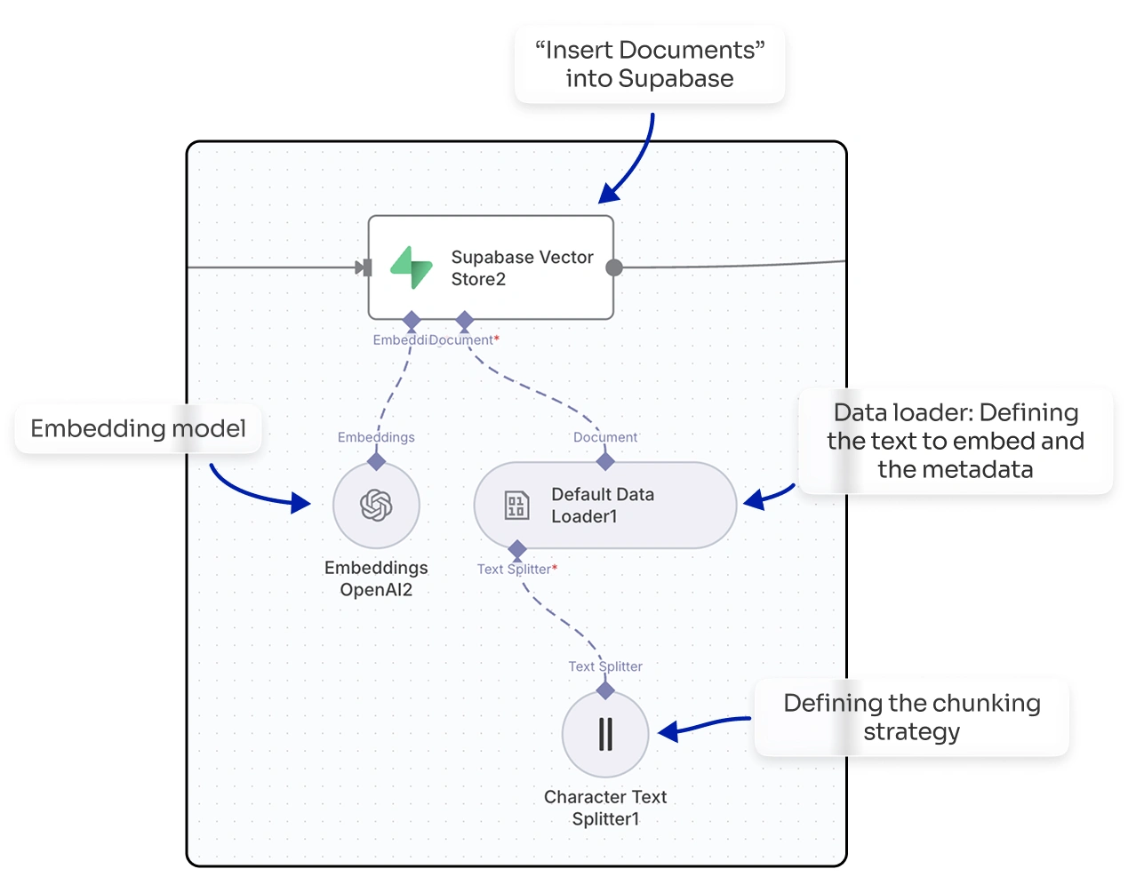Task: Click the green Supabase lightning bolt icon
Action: coord(412,267)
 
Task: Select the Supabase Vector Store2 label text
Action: coord(522,267)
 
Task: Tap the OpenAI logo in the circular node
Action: coord(376,505)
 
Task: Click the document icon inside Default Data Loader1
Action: coord(516,505)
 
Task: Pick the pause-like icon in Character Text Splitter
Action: coord(605,734)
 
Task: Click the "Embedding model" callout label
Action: coord(138,428)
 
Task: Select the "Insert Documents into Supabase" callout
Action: coord(650,64)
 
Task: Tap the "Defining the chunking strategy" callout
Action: coord(911,717)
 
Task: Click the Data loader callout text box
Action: coord(956,441)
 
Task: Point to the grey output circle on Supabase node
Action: coord(614,267)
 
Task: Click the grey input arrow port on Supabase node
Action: coord(363,267)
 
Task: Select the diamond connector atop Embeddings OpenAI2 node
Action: coord(376,461)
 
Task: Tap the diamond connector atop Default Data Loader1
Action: coord(605,461)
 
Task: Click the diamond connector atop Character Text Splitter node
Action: coord(605,690)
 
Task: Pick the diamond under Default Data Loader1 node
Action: coord(517,549)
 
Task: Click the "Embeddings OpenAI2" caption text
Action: coord(376,578)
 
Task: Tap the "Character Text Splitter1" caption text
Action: coord(605,808)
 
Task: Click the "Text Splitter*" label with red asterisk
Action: coord(516,569)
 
